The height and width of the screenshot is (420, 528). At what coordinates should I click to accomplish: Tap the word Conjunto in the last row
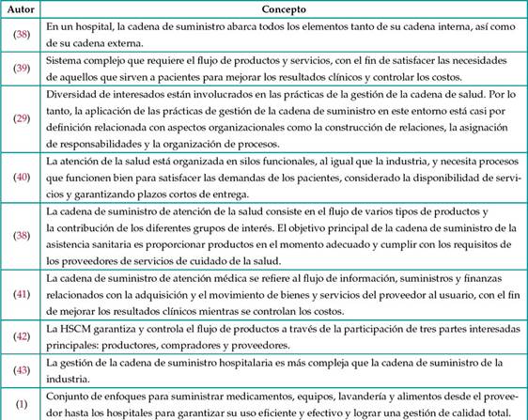pos(71,396)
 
